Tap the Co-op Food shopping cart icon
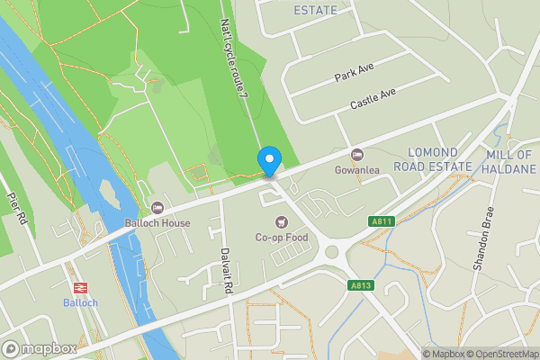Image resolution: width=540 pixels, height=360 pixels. (282, 221)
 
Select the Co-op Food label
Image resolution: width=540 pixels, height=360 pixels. (282, 238)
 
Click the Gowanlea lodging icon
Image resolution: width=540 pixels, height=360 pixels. (356, 155)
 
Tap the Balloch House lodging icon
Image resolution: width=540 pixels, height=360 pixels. (157, 209)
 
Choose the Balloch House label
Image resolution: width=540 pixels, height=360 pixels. (158, 223)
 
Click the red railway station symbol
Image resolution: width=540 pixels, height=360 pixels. (80, 287)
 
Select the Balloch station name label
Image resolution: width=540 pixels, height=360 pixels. (80, 302)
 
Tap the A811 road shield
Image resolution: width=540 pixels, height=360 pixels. (381, 221)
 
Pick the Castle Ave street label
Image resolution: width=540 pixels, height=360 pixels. (373, 100)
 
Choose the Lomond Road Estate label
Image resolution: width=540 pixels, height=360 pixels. (439, 159)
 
